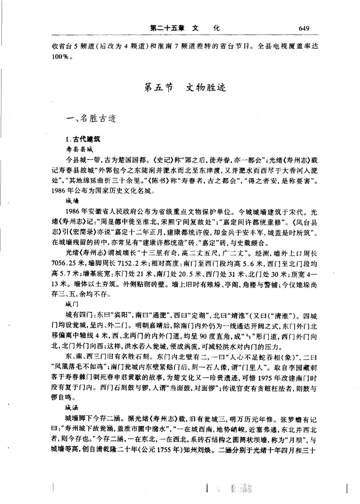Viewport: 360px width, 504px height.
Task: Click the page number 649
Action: click(303, 28)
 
